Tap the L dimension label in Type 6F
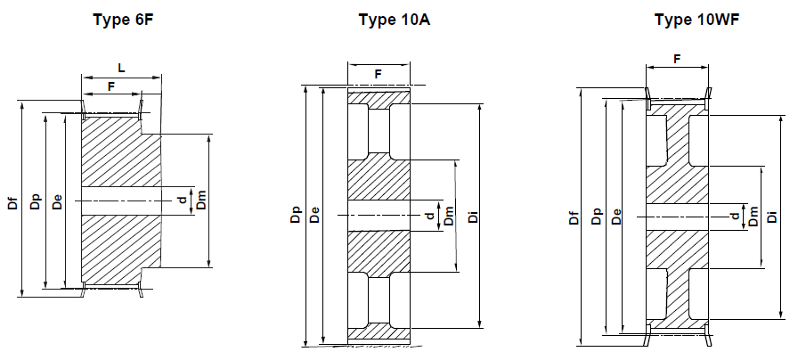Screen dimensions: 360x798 coord(121,68)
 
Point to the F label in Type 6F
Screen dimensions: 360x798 coord(111,86)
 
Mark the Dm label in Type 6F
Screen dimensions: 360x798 coord(201,200)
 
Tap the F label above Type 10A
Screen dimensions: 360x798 coord(378,74)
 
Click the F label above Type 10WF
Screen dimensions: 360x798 coord(677,59)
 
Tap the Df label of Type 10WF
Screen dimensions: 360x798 coord(574,216)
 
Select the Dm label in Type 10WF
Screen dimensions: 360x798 coord(753,216)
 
